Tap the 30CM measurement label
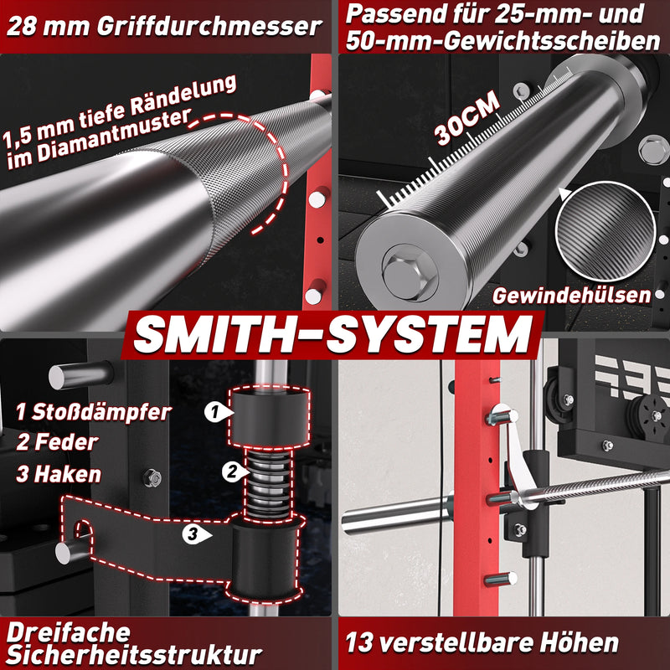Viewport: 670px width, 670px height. [467, 117]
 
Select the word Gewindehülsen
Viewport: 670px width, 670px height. [572, 296]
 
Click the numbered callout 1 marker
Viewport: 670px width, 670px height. [217, 412]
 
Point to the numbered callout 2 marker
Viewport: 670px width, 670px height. [234, 472]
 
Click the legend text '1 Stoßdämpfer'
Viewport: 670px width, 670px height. [94, 412]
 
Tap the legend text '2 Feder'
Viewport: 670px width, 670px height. [57, 442]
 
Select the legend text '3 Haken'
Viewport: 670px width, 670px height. [59, 474]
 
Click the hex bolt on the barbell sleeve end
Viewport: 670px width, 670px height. [410, 274]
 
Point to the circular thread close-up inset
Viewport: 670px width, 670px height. [606, 231]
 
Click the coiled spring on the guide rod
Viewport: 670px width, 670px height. [269, 483]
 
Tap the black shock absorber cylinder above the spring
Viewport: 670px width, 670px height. [269, 415]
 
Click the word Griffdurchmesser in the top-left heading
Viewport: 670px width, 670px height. [209, 27]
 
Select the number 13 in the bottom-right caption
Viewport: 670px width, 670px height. [359, 642]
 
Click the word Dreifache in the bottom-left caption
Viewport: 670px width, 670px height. [69, 633]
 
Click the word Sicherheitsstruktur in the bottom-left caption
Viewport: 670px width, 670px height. [134, 654]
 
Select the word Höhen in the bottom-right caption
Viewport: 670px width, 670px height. [579, 642]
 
